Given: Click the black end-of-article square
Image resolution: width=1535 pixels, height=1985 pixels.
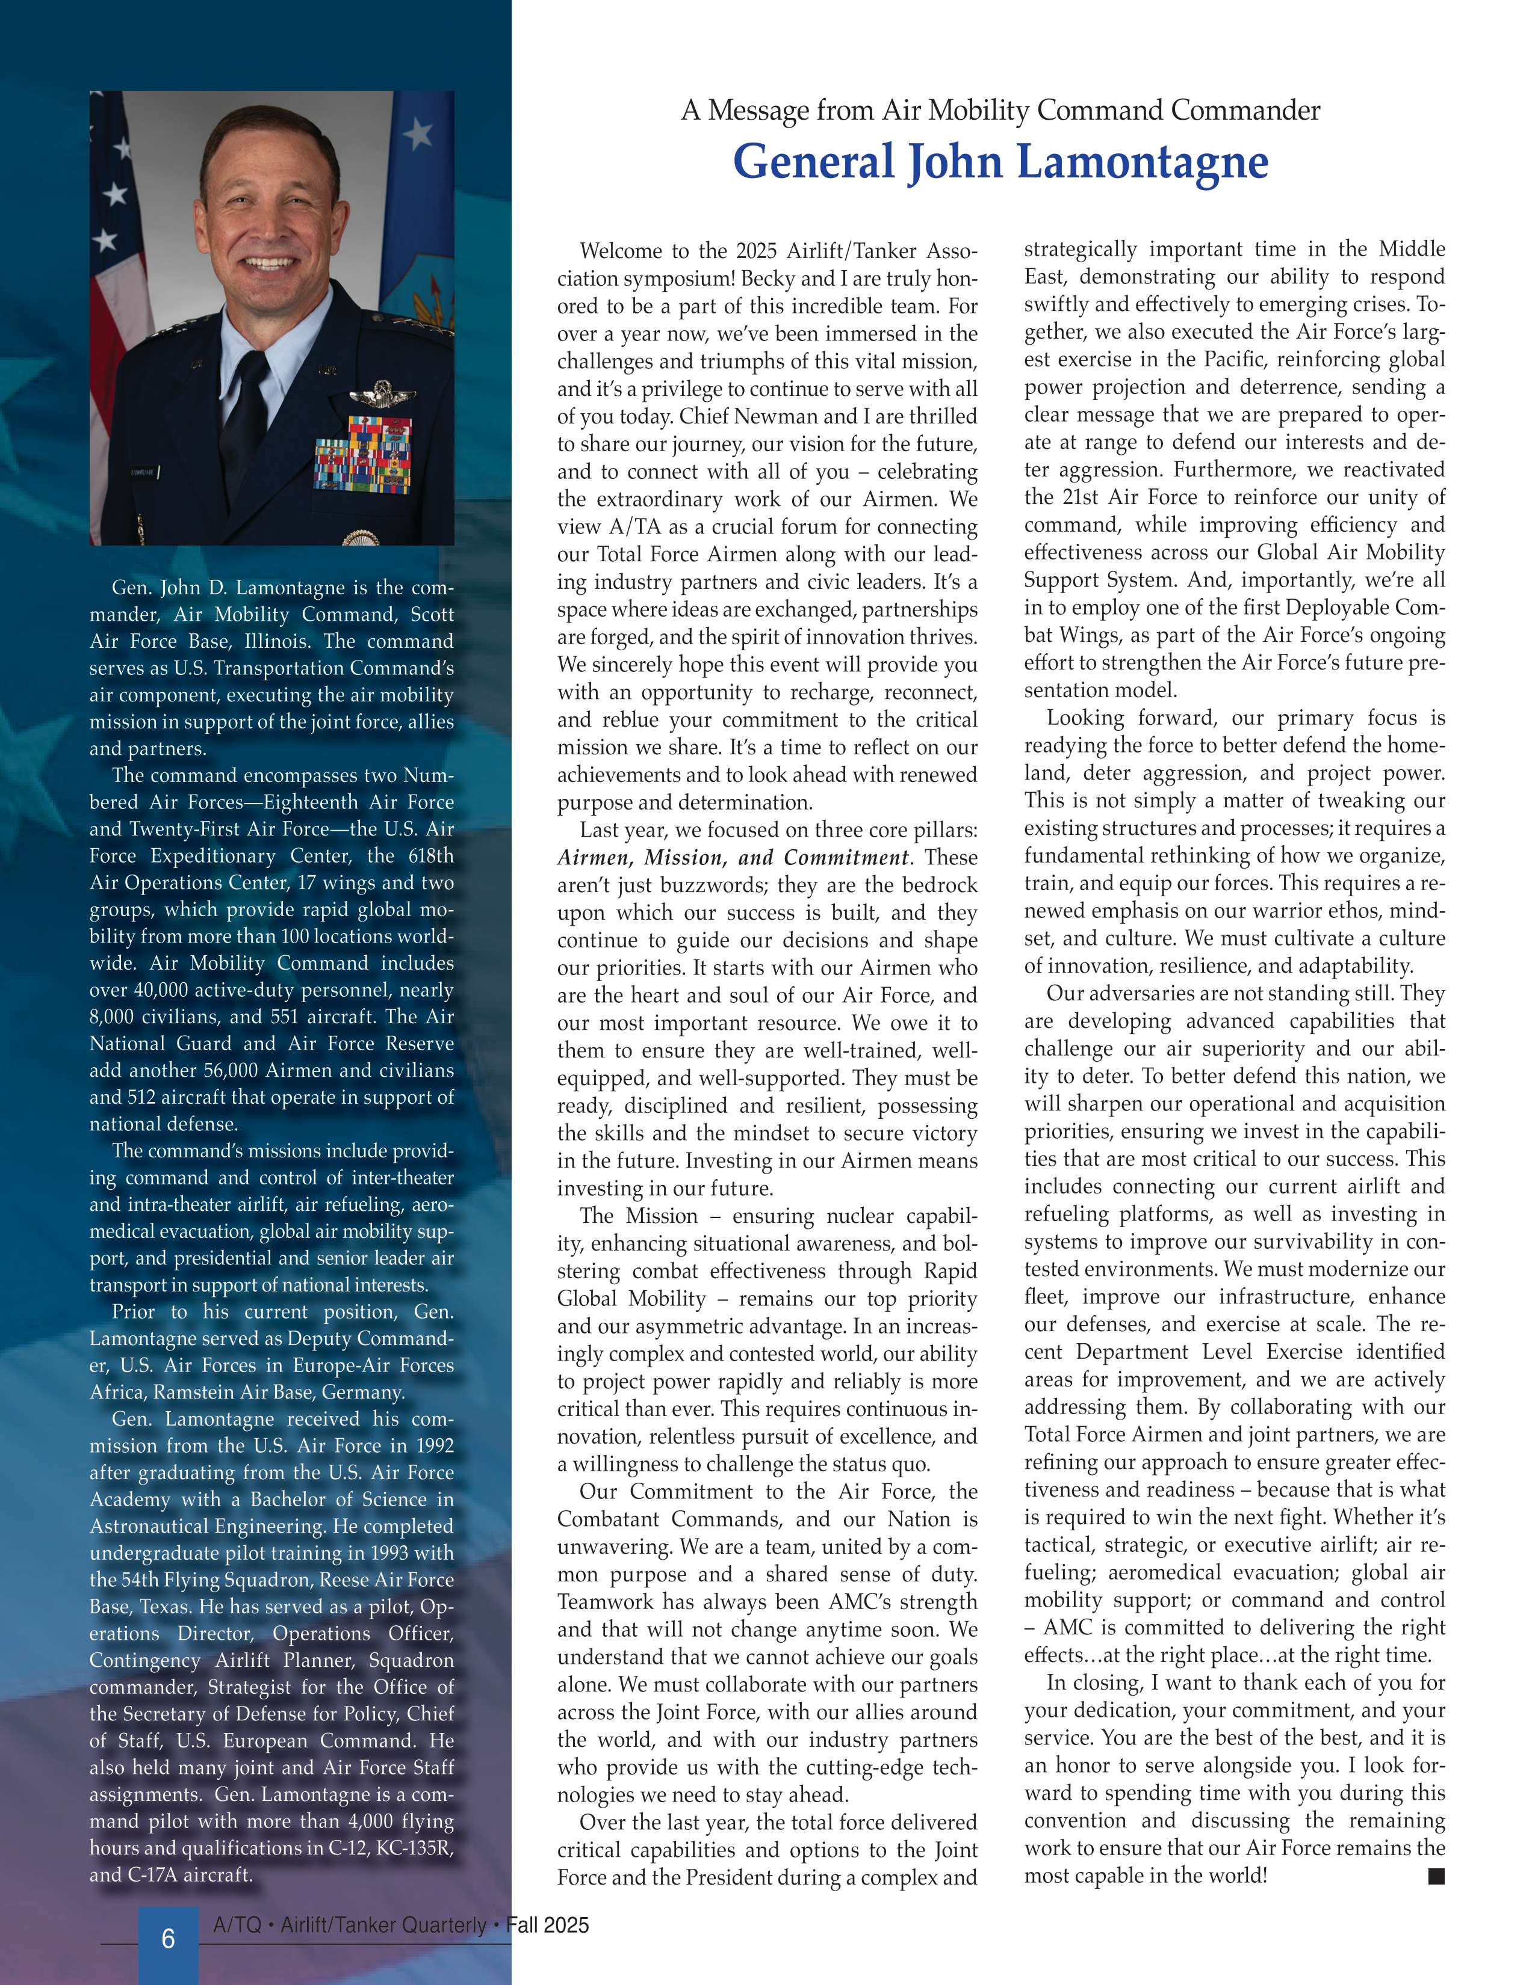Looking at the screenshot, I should pyautogui.click(x=1436, y=1875).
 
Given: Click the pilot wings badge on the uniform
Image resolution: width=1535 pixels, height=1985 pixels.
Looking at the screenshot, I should pyautogui.click(x=382, y=395).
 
